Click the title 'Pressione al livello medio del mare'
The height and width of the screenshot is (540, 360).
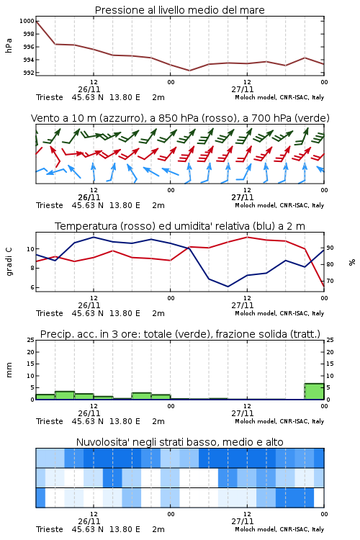pyautogui.click(x=179, y=10)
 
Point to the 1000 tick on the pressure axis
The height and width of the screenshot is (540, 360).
pyautogui.click(x=27, y=21)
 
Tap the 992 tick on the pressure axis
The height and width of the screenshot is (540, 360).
pyautogui.click(x=28, y=73)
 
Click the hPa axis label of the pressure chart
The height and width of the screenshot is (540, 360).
pyautogui.click(x=9, y=45)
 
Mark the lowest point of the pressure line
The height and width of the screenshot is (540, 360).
pyautogui.click(x=189, y=71)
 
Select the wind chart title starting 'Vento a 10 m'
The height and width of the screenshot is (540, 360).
pyautogui.click(x=180, y=118)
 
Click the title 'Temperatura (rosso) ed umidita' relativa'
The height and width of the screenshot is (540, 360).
pyautogui.click(x=180, y=226)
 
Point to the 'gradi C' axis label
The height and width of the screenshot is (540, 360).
pyautogui.click(x=9, y=262)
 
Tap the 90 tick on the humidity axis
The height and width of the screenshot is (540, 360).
pyautogui.click(x=330, y=248)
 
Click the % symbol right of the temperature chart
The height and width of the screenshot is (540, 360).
pyautogui.click(x=352, y=262)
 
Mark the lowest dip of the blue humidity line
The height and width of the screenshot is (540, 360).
pyautogui.click(x=228, y=286)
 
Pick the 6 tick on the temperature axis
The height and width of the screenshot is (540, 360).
pyautogui.click(x=32, y=287)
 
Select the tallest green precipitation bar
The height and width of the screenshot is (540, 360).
pyautogui.click(x=314, y=391)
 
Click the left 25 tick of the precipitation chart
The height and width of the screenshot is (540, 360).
pyautogui.click(x=31, y=340)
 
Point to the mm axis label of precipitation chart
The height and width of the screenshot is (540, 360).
pyautogui.click(x=9, y=370)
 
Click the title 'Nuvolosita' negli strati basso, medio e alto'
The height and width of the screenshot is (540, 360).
pyautogui.click(x=179, y=442)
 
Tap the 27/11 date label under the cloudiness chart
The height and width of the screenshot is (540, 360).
pyautogui.click(x=242, y=521)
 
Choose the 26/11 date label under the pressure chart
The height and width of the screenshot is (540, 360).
pyautogui.click(x=89, y=89)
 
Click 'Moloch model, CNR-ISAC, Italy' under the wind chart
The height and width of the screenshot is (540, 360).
pyautogui.click(x=279, y=205)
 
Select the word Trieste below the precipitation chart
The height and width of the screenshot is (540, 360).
pyautogui.click(x=50, y=421)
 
